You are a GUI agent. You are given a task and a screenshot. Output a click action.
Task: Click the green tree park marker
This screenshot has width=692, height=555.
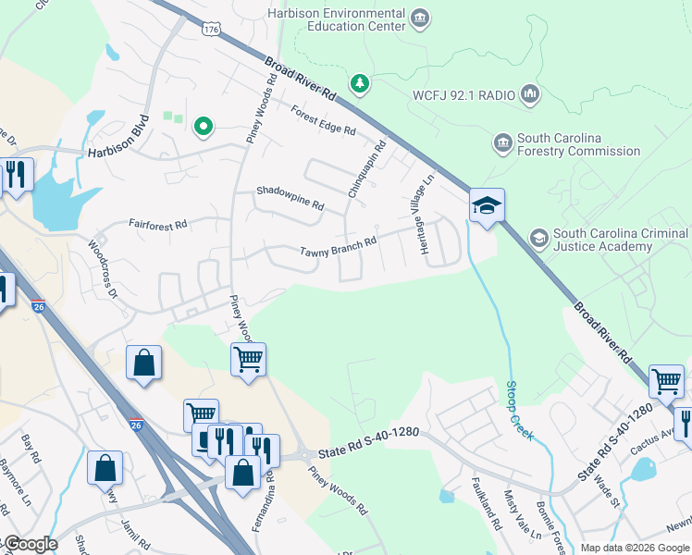[x=359, y=85]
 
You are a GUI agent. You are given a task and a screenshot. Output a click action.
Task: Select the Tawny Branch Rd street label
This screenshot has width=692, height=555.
[x=338, y=249]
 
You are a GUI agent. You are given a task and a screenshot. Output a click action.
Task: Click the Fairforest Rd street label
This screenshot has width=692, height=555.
[x=157, y=224]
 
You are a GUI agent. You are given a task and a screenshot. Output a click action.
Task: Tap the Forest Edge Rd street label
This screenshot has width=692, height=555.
[x=323, y=120]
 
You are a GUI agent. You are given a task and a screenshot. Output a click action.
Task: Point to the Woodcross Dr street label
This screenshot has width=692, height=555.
[x=104, y=270]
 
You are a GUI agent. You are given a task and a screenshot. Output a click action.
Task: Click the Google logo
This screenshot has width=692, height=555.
[x=30, y=544]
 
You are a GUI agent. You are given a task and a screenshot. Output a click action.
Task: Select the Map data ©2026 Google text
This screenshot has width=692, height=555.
[x=634, y=548]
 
